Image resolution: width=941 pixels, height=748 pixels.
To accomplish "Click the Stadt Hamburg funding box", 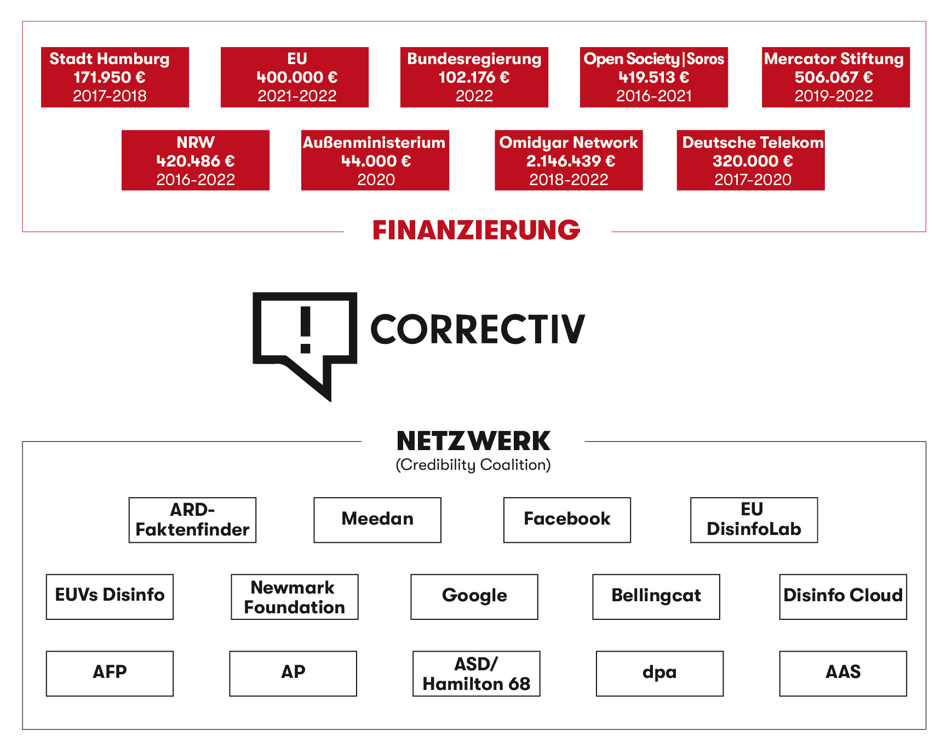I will coord(115,77).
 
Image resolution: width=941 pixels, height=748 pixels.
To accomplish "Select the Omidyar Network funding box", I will coord(569,160).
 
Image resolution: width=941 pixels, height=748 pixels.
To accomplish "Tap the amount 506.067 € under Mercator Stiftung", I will coord(834,77).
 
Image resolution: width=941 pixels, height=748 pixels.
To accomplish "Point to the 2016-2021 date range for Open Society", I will coord(654,96).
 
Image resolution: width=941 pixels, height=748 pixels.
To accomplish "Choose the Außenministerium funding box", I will coord(375,160).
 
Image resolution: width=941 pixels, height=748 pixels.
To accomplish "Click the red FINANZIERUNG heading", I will coord(476,231).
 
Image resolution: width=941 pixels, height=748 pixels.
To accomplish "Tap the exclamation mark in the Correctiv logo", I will coord(306,329).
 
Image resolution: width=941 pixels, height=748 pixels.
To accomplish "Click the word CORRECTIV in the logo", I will coord(478,330).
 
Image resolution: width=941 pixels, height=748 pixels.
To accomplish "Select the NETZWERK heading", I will coord(473,441).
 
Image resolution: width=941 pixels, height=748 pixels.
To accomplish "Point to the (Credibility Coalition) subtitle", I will coord(473,465).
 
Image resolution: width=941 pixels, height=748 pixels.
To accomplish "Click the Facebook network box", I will coord(567,520).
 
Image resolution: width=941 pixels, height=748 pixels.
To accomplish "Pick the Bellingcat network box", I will coord(656,596).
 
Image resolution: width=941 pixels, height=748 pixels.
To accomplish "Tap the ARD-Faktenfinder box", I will coord(192,520).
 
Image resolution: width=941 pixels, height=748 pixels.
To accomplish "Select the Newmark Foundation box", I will coord(295,596).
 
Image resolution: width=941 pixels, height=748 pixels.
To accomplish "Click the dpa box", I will coord(659,673).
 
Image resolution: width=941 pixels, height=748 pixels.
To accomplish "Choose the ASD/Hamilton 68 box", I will coord(477,673).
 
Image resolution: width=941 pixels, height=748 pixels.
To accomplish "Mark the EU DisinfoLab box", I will coord(754,520).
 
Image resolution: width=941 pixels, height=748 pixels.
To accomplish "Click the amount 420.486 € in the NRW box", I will coord(196,161).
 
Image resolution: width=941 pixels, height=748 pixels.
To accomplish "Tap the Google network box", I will coord(474,596).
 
